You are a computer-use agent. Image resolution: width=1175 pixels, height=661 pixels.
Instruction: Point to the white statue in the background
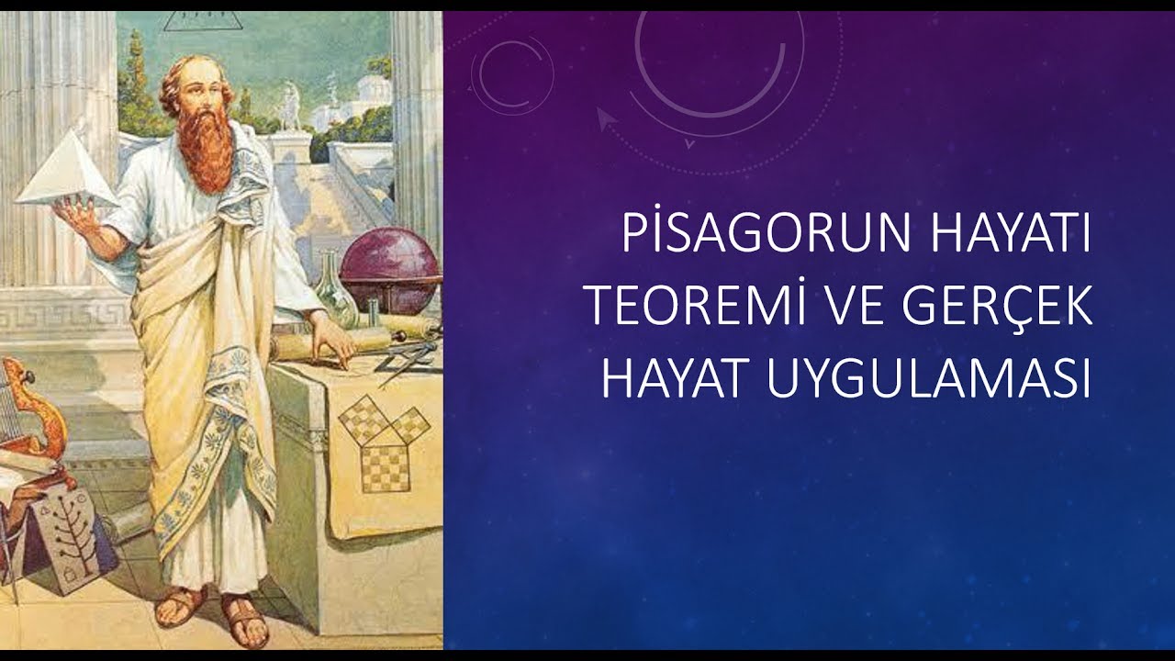coord(290,105)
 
